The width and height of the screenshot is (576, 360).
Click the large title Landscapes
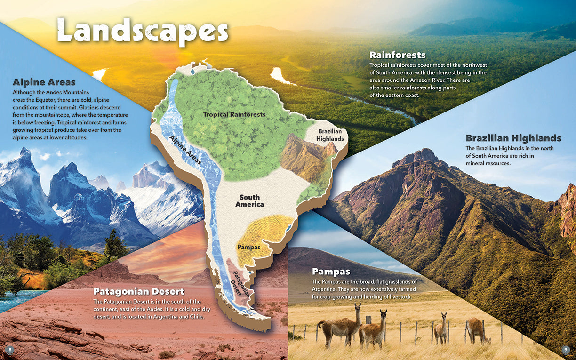point(142,31)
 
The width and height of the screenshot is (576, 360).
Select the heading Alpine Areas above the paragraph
point(44,82)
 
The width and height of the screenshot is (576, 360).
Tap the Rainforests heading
point(398,55)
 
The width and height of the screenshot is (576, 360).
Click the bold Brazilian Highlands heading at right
point(513,138)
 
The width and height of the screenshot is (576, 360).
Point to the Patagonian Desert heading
point(139,291)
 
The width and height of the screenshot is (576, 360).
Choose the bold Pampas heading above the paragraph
point(331,272)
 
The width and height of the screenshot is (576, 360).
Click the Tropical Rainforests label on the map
point(234,114)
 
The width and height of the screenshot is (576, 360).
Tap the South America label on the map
point(249,201)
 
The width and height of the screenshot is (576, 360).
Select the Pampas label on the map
point(249,247)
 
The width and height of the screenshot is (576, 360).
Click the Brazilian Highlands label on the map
point(329,135)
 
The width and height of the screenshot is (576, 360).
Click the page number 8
point(9,349)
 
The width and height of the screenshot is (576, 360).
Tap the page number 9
point(566,349)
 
